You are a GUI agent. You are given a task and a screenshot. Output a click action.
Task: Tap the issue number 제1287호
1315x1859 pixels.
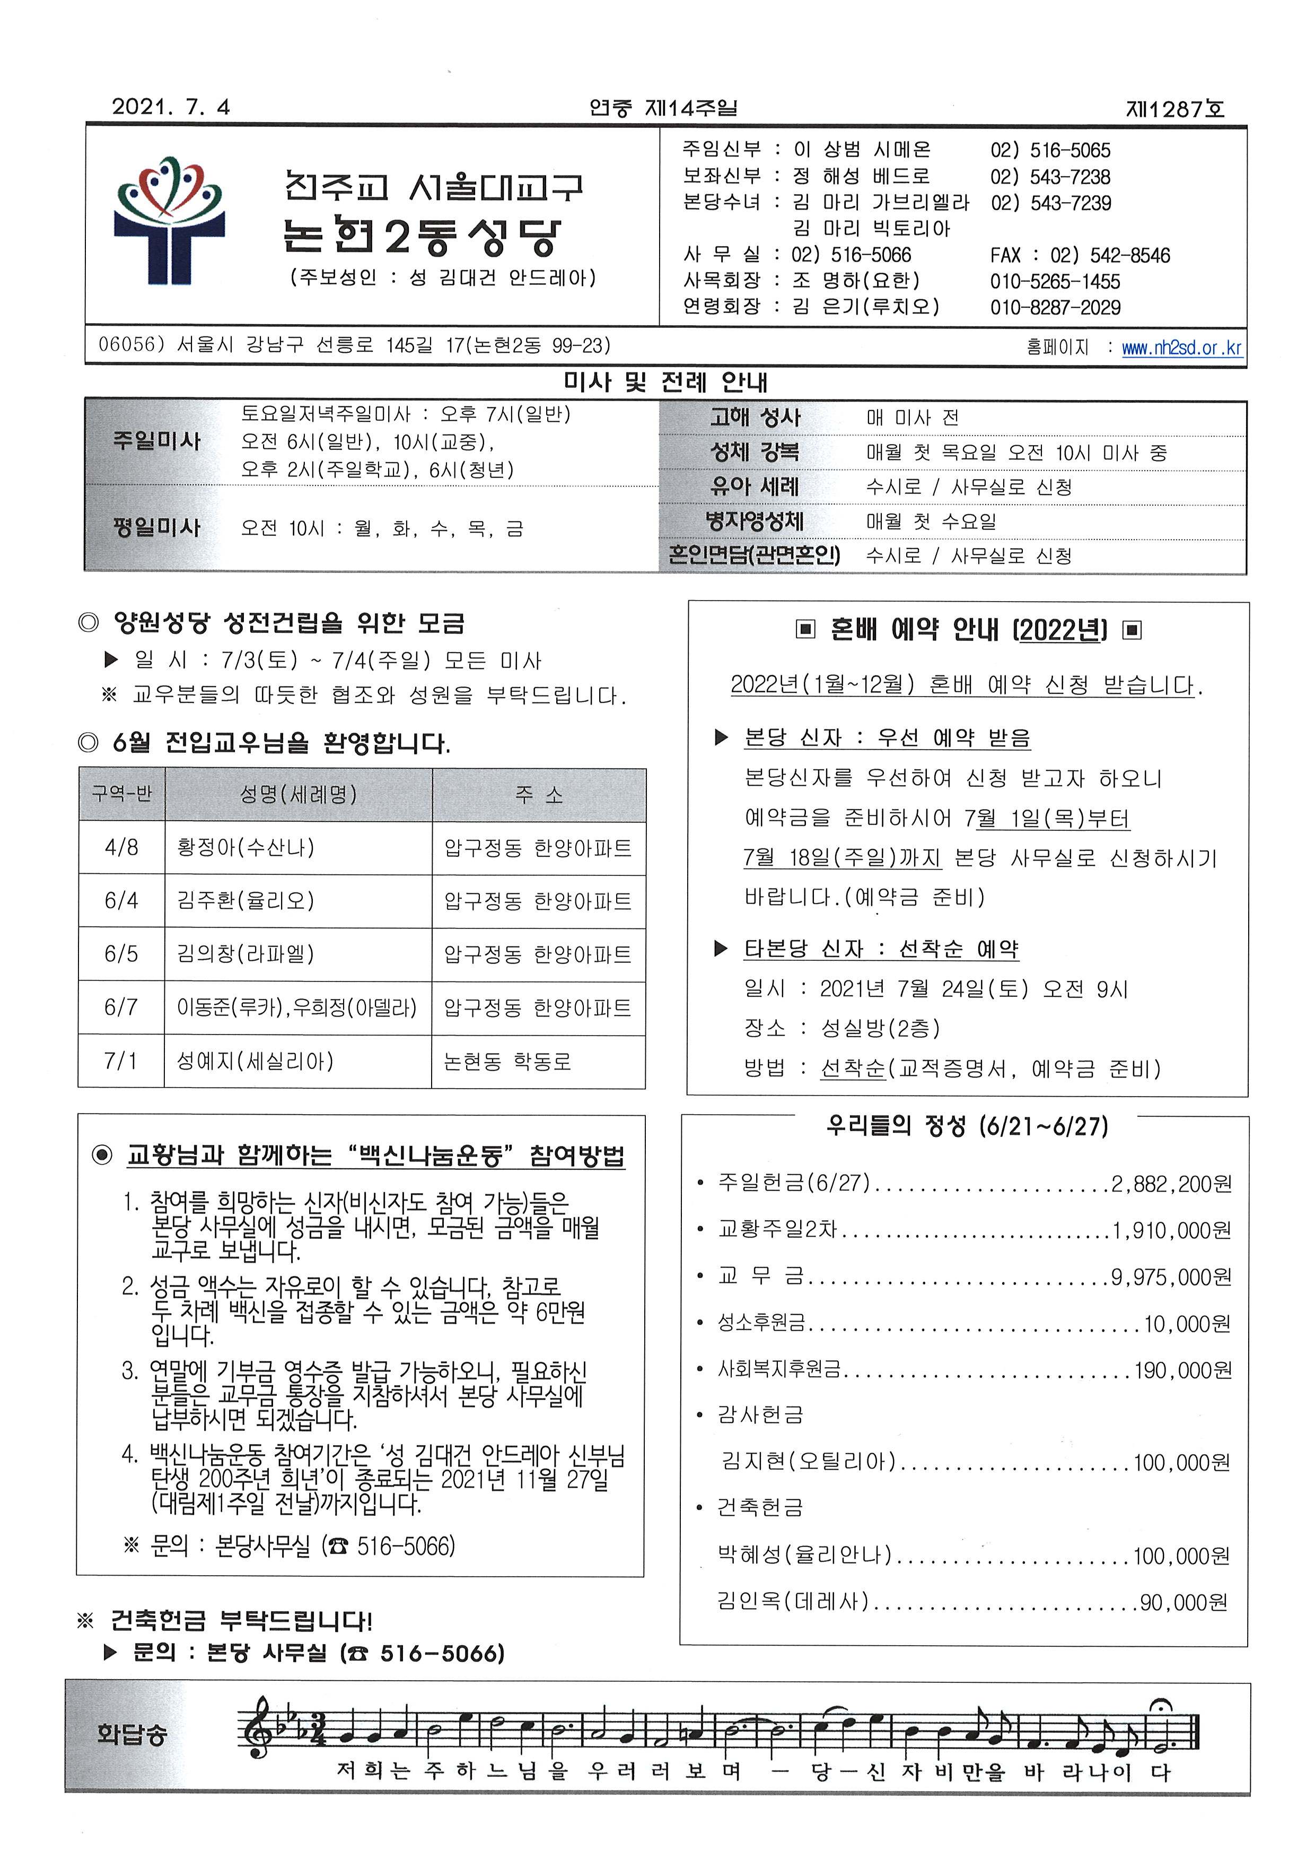pyautogui.click(x=1175, y=108)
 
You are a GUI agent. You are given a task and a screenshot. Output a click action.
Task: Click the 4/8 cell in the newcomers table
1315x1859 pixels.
pyautogui.click(x=121, y=847)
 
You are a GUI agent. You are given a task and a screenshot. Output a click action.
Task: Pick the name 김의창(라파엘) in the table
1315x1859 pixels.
pyautogui.click(x=246, y=953)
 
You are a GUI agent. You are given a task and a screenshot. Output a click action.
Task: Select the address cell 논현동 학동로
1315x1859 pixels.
pyautogui.click(x=507, y=1061)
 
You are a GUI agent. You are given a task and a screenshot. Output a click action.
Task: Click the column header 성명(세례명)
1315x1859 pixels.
pyautogui.click(x=298, y=795)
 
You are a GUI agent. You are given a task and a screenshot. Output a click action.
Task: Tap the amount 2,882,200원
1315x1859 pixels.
pyautogui.click(x=1171, y=1184)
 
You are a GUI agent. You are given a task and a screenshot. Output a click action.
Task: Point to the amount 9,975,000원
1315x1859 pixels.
pyautogui.click(x=1171, y=1278)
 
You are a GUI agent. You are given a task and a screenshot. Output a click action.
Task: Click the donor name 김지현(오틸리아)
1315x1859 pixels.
pyautogui.click(x=808, y=1462)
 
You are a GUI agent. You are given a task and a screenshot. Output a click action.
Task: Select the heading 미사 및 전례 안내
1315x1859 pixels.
pyautogui.click(x=665, y=383)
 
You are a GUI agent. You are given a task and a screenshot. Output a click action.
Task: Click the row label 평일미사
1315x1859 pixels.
pyautogui.click(x=156, y=527)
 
